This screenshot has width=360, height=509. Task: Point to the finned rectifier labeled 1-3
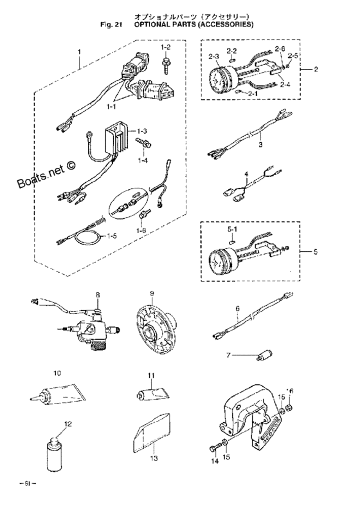119,138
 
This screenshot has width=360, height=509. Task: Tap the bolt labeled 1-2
166,62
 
